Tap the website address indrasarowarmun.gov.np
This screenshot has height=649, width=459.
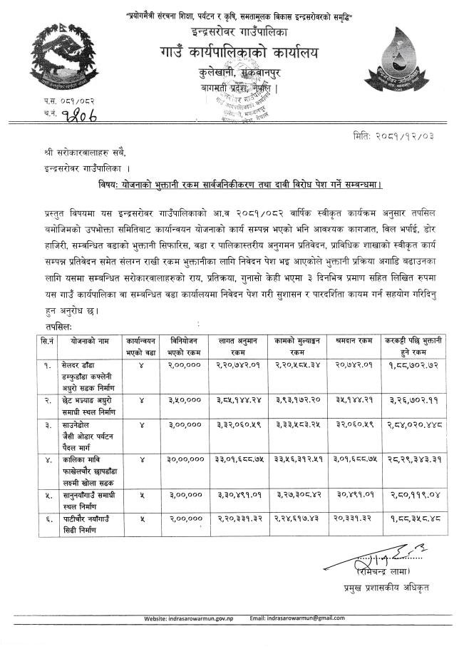pyautogui.click(x=210, y=618)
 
